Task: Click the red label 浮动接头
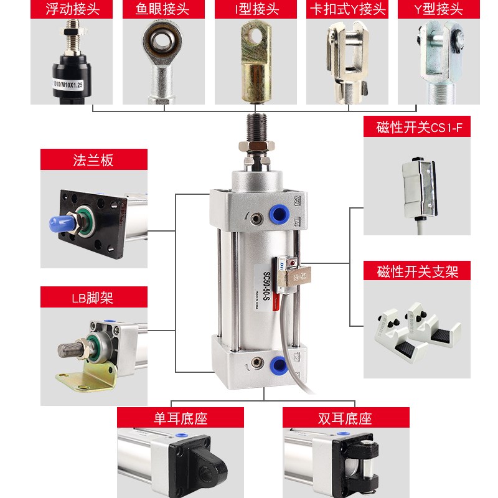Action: click(x=72, y=9)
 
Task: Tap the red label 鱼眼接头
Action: click(x=164, y=9)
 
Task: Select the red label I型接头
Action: click(x=256, y=9)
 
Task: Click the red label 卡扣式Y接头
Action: click(x=347, y=9)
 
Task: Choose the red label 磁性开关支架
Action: click(x=417, y=271)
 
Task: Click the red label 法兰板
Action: click(x=94, y=159)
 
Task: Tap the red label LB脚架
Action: click(x=94, y=297)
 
